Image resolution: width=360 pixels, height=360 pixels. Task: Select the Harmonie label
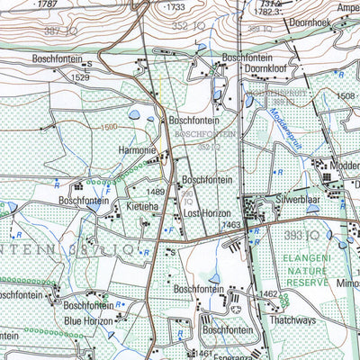pyautogui.click(x=137, y=150)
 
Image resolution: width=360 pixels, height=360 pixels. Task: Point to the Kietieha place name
pyautogui.click(x=142, y=207)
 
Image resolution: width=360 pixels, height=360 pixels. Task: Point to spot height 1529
pyautogui.click(x=81, y=78)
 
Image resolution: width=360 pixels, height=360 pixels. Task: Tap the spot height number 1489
pyautogui.click(x=156, y=192)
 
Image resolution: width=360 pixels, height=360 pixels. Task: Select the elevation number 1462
pyautogui.click(x=268, y=293)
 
